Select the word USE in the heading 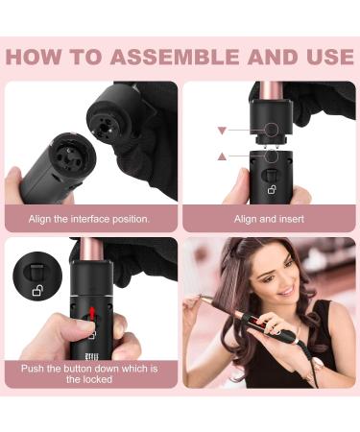coord(324,56)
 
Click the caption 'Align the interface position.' coord(89,219)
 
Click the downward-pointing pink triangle coord(221,129)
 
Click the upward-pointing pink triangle coord(221,155)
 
